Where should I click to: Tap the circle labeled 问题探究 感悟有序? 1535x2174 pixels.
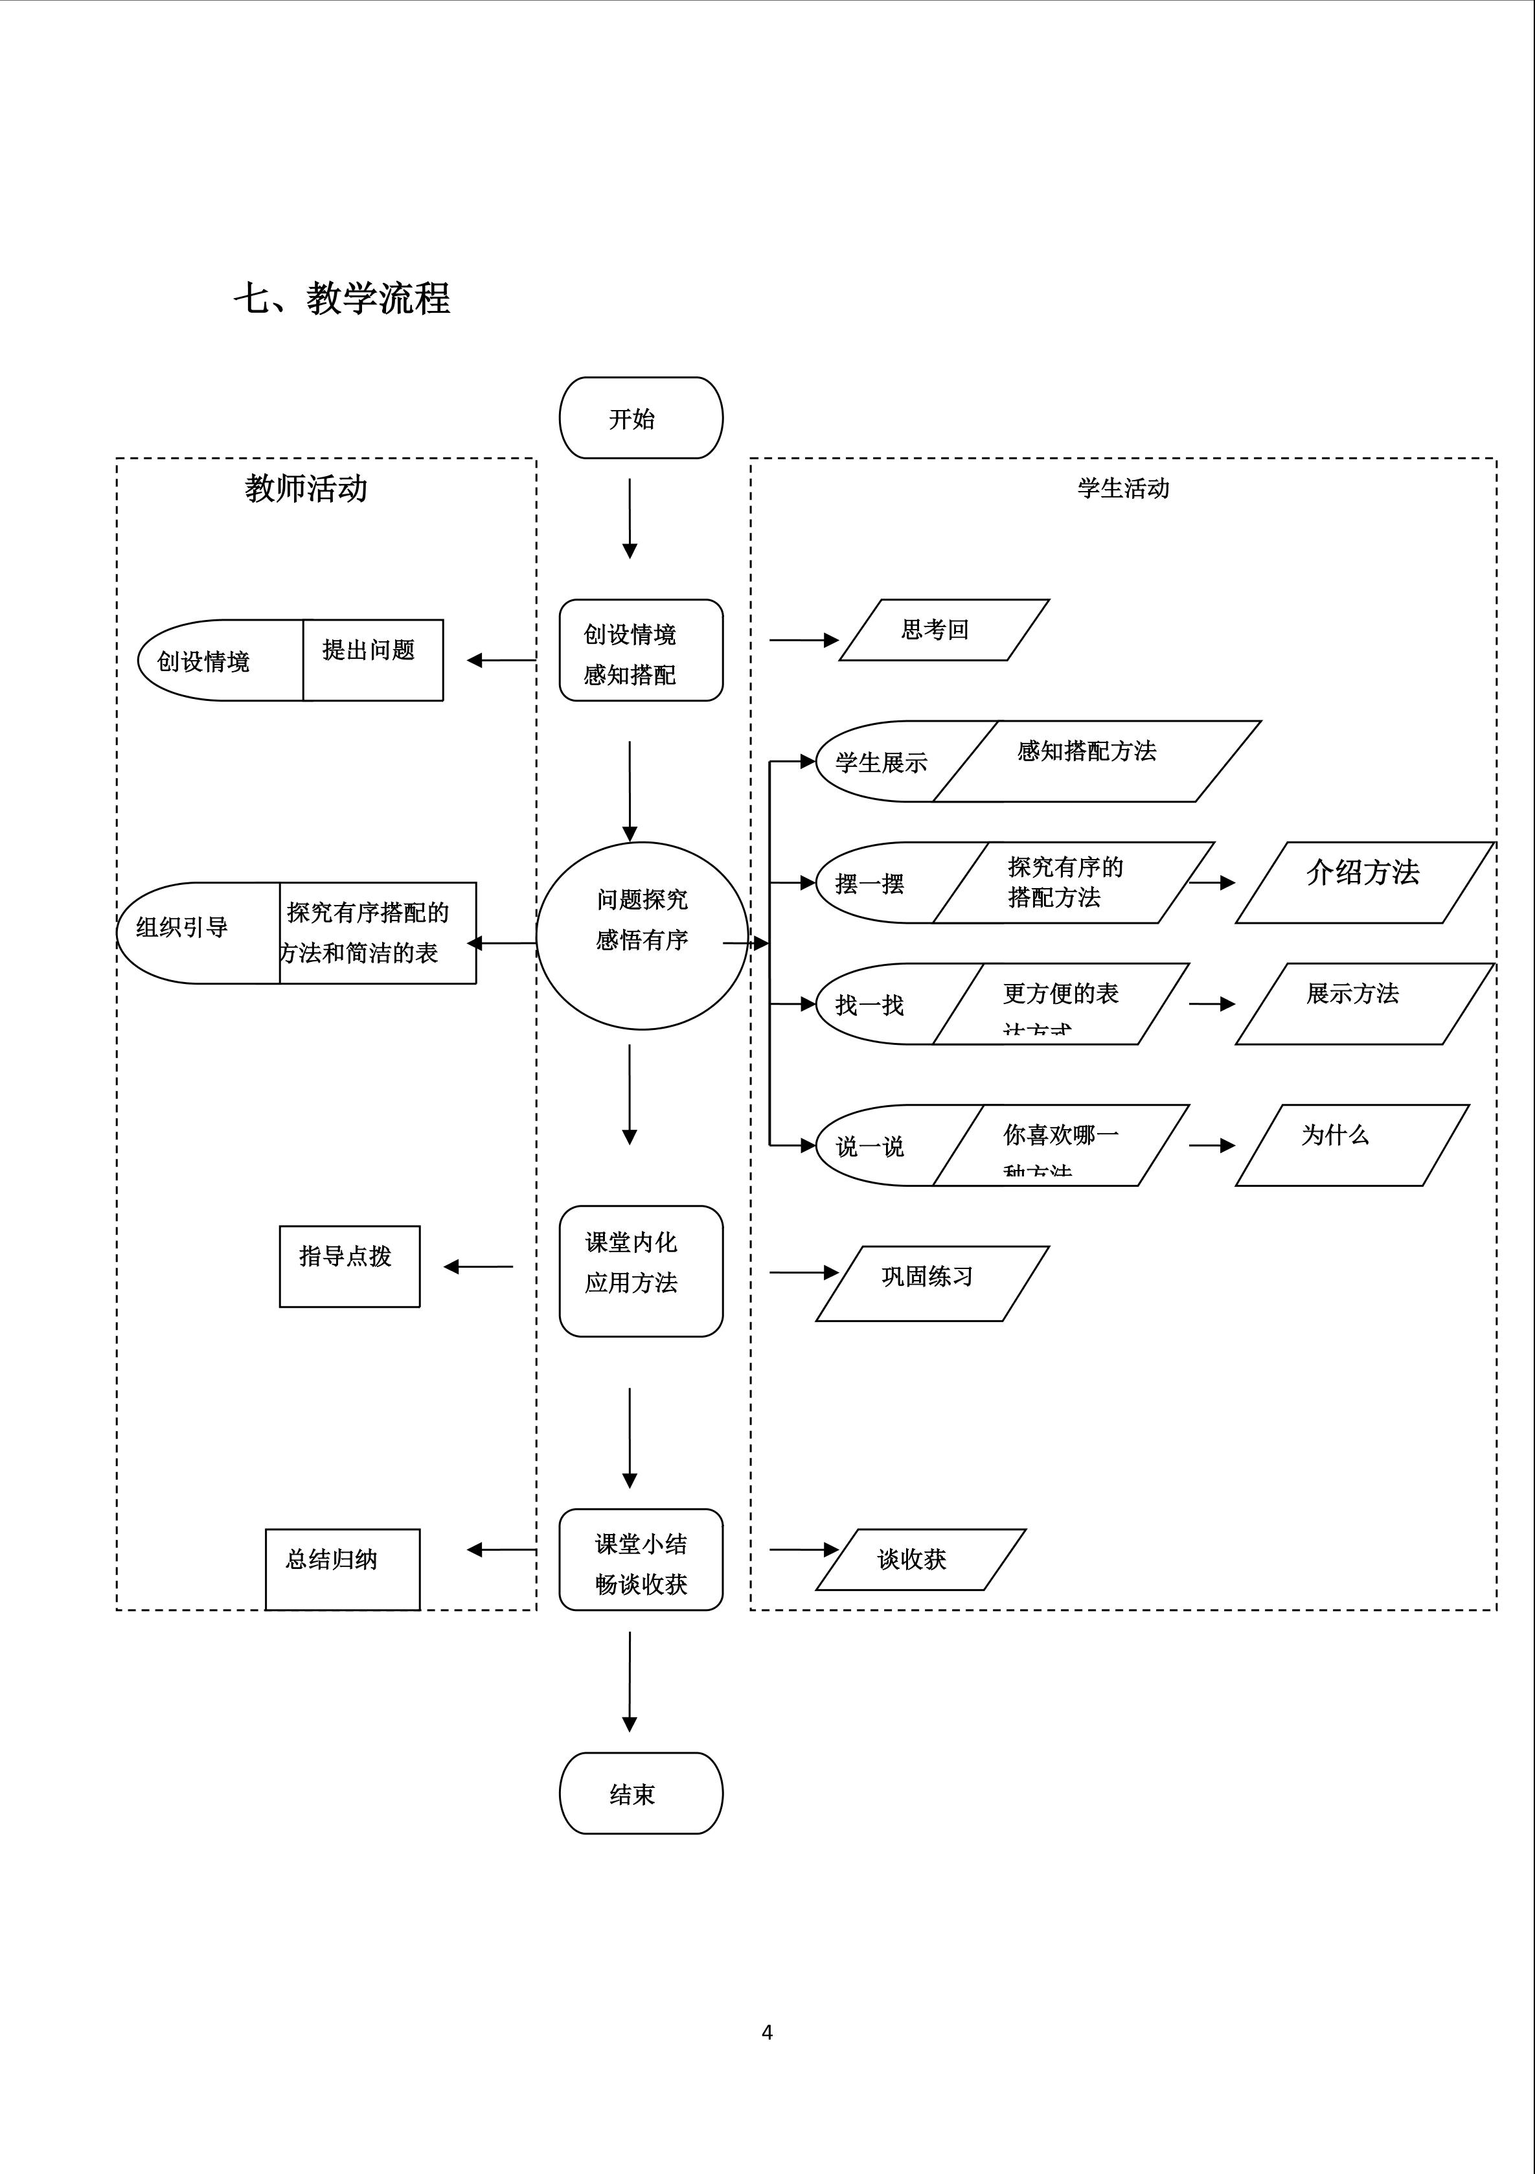[x=642, y=935]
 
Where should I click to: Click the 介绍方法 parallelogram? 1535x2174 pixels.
[x=1363, y=882]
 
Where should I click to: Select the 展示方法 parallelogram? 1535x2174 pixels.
[x=1363, y=1003]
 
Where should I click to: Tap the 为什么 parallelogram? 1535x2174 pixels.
[x=1351, y=1145]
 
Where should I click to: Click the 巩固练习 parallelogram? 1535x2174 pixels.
[x=932, y=1283]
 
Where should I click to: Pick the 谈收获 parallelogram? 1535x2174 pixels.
[x=920, y=1559]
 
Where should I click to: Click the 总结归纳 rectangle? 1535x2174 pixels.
[x=342, y=1569]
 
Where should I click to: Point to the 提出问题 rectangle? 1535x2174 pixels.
[x=373, y=660]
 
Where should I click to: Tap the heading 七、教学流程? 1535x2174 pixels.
[x=342, y=298]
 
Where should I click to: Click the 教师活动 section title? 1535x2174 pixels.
[x=306, y=488]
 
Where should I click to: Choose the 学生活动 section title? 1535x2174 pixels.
[x=1123, y=488]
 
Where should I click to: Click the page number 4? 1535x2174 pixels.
[x=767, y=2032]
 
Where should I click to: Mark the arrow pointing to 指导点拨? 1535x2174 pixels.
[x=478, y=1267]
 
